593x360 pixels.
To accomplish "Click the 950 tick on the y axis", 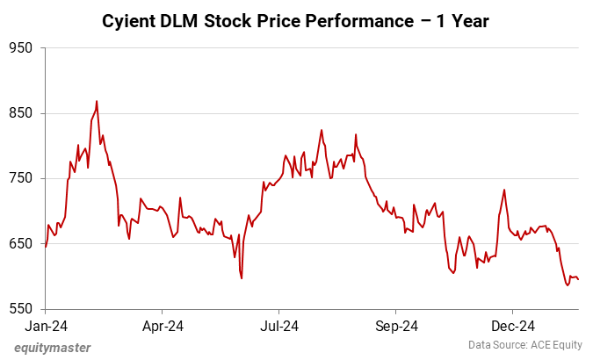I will click(x=20, y=48).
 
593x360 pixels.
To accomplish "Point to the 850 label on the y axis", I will click(x=20, y=113).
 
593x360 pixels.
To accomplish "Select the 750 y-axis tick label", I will click(x=20, y=178).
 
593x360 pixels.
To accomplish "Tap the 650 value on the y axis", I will click(x=20, y=243).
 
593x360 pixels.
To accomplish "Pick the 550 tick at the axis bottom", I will click(x=20, y=309).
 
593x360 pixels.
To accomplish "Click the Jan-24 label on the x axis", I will click(x=46, y=326).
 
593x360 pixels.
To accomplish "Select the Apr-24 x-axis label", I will click(x=163, y=326).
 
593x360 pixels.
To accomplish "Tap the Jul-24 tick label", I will click(x=278, y=326).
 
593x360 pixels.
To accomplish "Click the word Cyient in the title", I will click(x=132, y=19).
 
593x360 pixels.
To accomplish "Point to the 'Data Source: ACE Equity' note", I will click(x=524, y=344).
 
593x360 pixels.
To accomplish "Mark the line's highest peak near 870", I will click(x=97, y=101).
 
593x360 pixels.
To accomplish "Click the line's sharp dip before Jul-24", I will click(x=242, y=278).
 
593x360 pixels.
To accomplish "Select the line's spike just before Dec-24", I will click(x=504, y=190).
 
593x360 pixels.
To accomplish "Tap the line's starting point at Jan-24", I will click(x=46, y=247).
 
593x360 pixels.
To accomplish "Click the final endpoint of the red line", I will click(x=579, y=279).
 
